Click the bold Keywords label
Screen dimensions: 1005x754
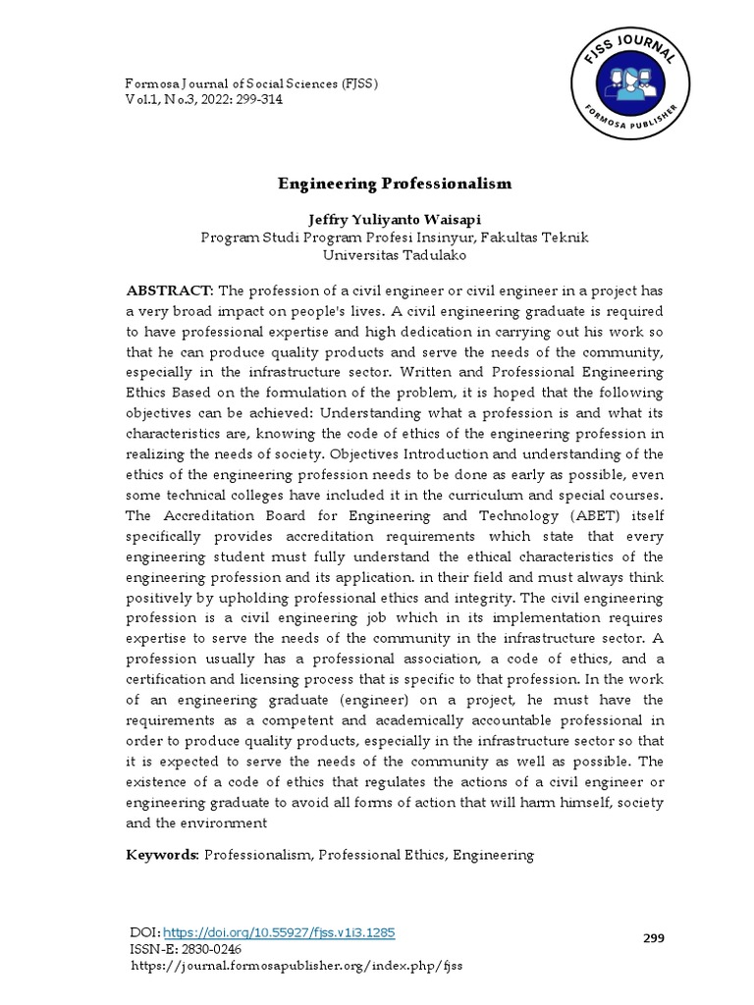[x=163, y=855]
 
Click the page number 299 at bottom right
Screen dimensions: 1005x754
[x=654, y=938]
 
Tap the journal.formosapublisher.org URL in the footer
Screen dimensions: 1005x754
[x=296, y=966]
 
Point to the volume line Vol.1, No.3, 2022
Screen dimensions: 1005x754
[x=204, y=100]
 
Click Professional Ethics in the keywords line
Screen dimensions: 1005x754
[x=383, y=855]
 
